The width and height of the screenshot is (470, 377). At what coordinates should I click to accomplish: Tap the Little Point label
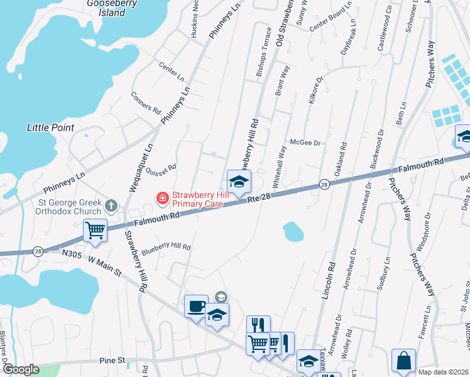tap(50, 128)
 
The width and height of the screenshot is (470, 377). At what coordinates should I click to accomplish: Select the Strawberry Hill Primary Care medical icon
tap(163, 199)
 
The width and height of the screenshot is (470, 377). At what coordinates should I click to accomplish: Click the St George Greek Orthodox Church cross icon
tap(111, 205)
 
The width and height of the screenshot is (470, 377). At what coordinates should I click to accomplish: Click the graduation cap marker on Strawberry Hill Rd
tap(238, 182)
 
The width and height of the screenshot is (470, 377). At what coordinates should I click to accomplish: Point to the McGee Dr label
tap(305, 143)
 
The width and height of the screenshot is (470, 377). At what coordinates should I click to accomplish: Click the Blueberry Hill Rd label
tap(166, 248)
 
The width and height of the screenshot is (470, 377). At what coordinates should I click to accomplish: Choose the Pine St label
tap(112, 361)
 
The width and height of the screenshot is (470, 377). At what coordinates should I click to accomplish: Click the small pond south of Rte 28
tap(293, 232)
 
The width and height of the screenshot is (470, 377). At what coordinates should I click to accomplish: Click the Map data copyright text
tap(443, 371)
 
